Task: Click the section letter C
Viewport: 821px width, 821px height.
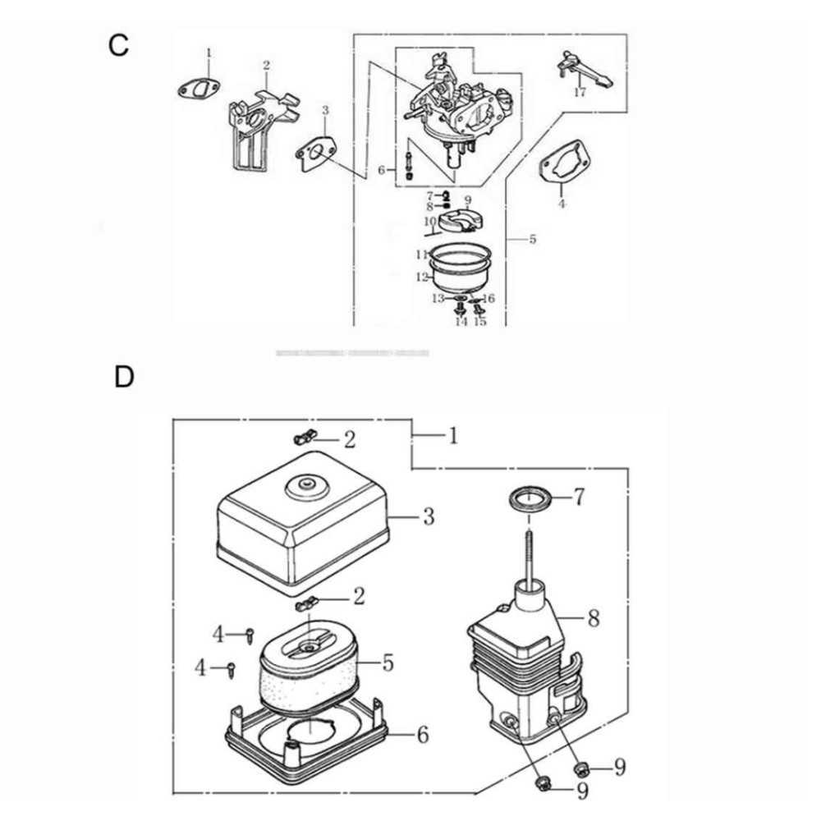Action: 119,45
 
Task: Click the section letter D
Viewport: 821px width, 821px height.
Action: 123,377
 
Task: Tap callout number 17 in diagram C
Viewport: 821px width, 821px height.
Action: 580,93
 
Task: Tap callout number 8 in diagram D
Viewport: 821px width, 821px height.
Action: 594,617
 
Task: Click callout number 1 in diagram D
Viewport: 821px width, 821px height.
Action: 452,435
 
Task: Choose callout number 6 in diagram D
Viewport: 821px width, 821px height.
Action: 422,734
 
